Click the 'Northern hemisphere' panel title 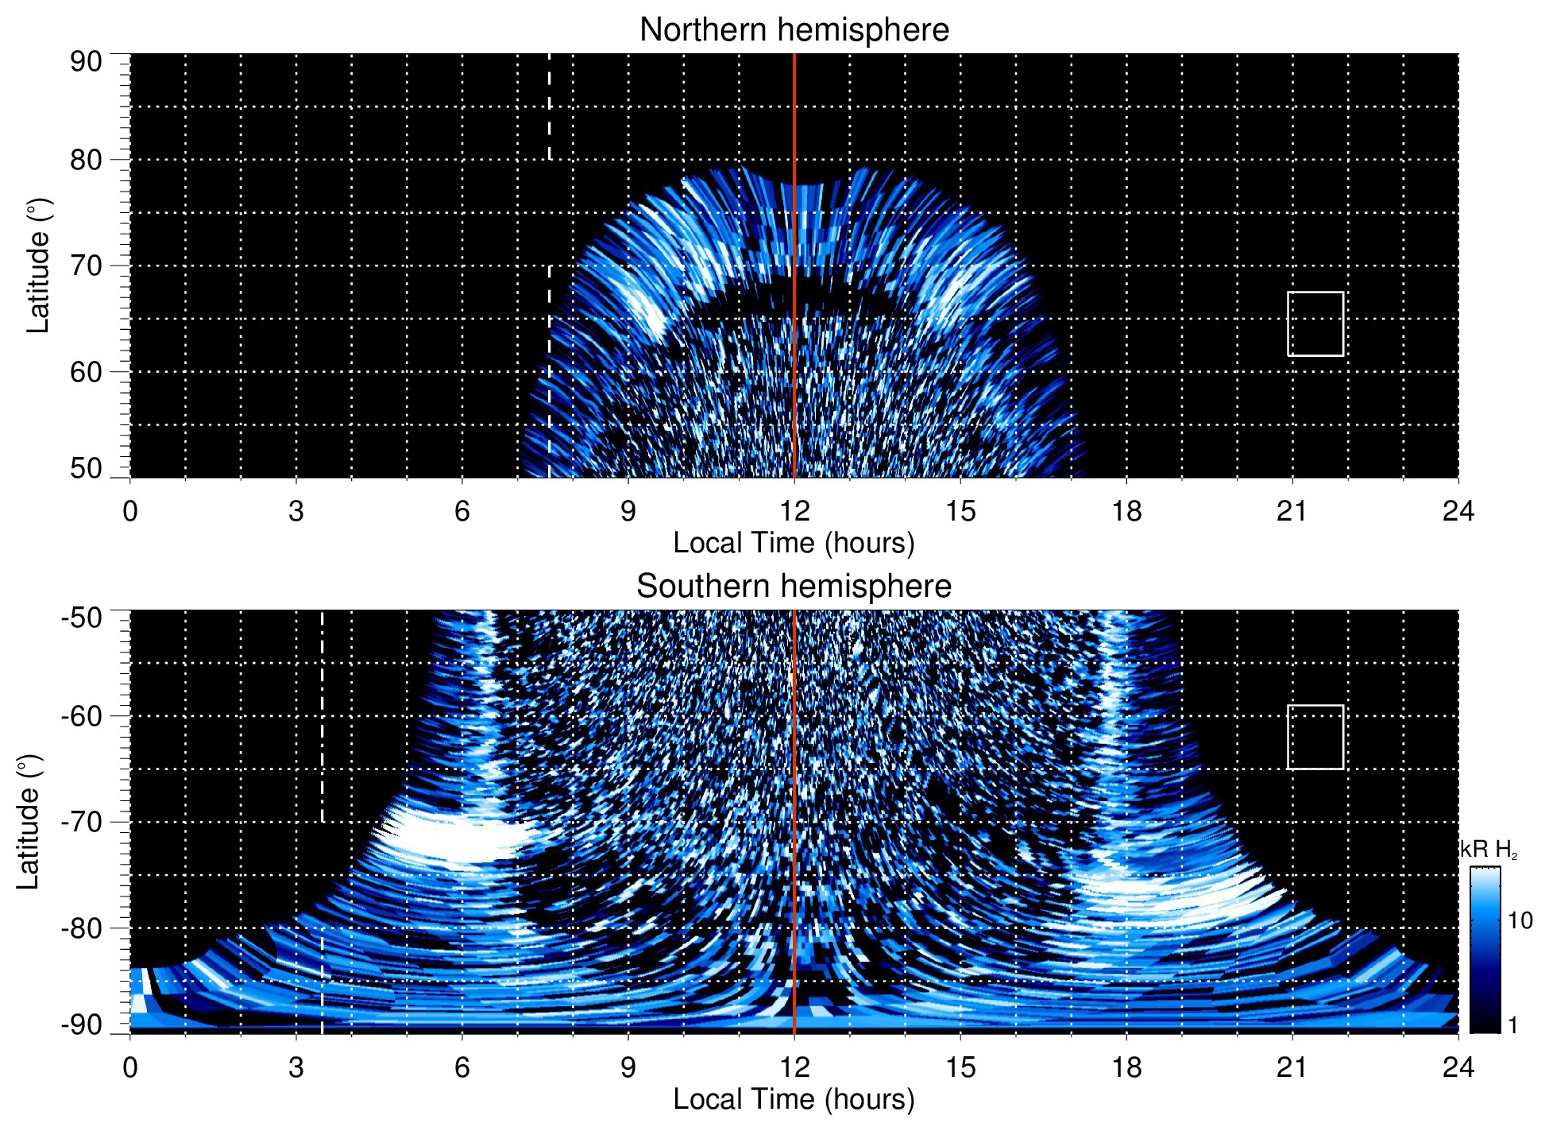(x=794, y=30)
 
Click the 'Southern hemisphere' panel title (x=794, y=587)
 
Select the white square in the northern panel (x=1315, y=323)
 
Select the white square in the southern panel (x=1315, y=737)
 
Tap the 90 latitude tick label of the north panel (x=86, y=62)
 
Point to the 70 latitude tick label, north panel (x=86, y=265)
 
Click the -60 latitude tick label (x=81, y=715)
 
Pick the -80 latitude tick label (x=81, y=928)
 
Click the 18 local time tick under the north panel (x=1126, y=511)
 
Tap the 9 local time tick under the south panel (x=628, y=1067)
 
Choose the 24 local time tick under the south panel (x=1458, y=1067)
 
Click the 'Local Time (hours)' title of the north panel (x=794, y=543)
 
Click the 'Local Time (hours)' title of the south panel (x=794, y=1099)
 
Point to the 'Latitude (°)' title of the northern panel (x=38, y=265)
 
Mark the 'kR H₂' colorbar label (x=1488, y=850)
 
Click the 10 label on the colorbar (x=1520, y=920)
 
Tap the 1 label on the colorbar (x=1512, y=1024)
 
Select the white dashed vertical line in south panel (x=322, y=715)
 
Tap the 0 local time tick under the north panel (x=130, y=511)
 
